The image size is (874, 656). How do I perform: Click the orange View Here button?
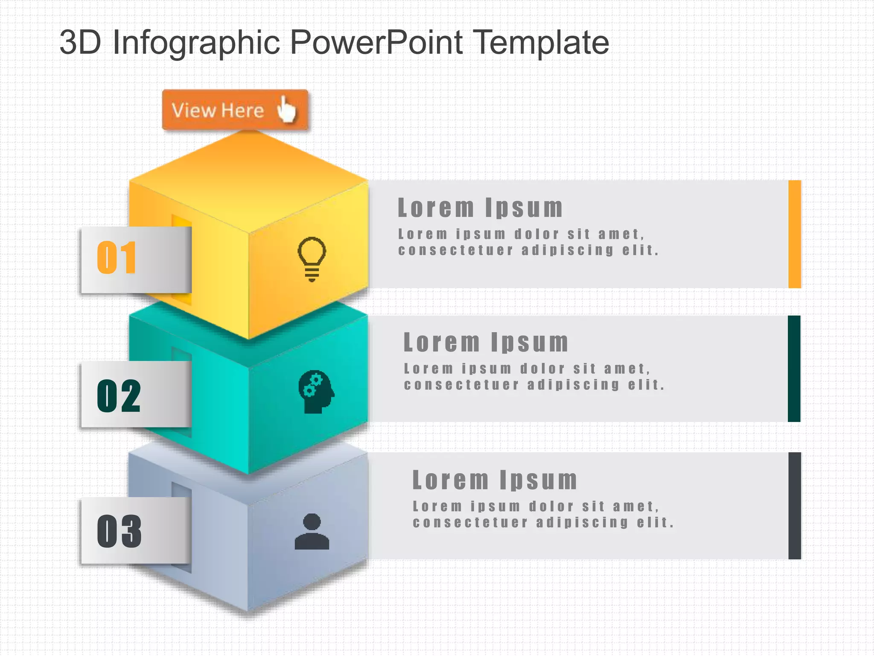tap(235, 110)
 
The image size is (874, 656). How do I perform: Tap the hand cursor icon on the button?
tap(287, 109)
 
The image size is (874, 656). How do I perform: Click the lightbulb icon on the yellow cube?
tap(312, 259)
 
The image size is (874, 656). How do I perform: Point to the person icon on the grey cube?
tap(312, 531)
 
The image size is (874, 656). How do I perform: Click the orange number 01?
tap(117, 258)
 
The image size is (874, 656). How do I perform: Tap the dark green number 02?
tap(119, 396)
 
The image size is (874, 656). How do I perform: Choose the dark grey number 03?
tap(119, 531)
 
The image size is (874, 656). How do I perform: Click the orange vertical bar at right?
tap(795, 234)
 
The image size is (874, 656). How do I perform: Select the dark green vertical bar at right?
tap(794, 369)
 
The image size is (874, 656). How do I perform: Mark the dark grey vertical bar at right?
tap(795, 506)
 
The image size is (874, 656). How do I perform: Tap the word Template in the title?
tap(542, 43)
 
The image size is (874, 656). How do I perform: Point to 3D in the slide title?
tap(80, 43)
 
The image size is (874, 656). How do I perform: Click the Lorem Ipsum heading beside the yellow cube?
tap(480, 208)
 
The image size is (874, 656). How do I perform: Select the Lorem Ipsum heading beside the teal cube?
tap(486, 343)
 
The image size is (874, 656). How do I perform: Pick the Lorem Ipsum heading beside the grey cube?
tap(495, 480)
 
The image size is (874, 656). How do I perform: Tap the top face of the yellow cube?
tap(249, 179)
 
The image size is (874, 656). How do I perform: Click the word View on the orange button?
tap(193, 110)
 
